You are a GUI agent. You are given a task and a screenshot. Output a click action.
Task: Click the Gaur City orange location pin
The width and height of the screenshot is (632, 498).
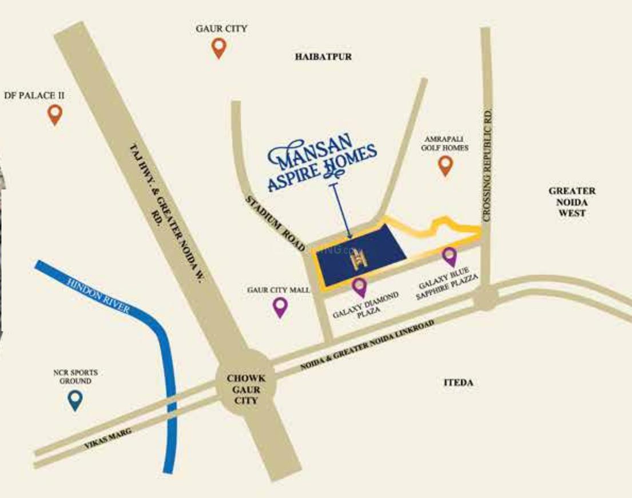[218, 48]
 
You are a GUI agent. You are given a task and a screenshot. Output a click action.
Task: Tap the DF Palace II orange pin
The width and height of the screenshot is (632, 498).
[55, 114]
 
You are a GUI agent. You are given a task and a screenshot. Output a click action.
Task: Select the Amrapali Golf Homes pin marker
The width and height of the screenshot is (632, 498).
[445, 165]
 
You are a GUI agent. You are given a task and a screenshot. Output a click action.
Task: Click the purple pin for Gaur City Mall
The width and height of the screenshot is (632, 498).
[280, 306]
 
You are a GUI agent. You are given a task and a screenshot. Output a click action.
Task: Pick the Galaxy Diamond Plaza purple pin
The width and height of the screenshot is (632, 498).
[359, 286]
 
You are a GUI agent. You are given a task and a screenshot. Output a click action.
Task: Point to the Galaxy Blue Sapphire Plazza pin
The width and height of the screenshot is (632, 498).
[449, 256]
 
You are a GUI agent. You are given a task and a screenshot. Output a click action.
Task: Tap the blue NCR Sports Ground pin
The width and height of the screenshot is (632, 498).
[75, 399]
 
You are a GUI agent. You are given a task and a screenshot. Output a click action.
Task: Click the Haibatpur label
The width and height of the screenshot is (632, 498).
[323, 57]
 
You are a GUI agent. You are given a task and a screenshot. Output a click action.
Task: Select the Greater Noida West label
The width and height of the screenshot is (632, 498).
[571, 201]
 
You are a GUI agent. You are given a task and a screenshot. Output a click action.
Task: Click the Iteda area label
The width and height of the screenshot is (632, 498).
[458, 383]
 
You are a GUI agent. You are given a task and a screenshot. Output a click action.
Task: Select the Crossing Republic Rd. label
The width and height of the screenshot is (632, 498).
[487, 166]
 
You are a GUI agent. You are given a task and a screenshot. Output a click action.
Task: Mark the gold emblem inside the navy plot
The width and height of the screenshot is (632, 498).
[359, 259]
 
